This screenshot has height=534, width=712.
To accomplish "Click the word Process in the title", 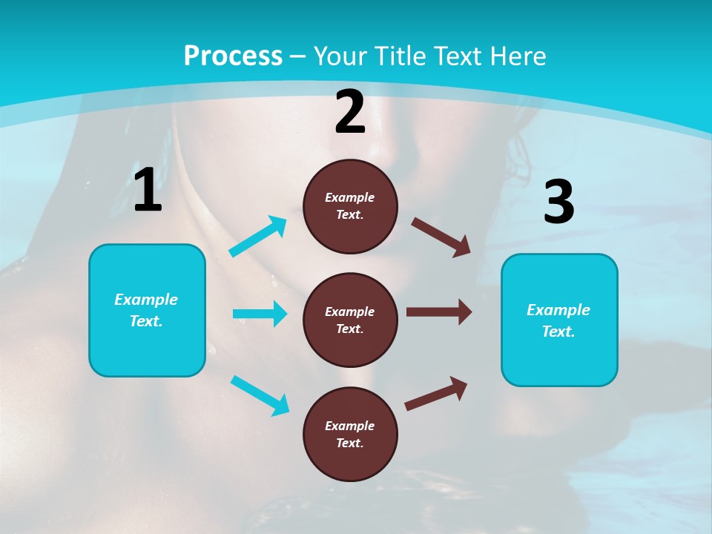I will pyautogui.click(x=233, y=56).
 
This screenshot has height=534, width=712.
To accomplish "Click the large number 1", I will pyautogui.click(x=148, y=191).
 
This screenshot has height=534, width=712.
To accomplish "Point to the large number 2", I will pyautogui.click(x=350, y=112).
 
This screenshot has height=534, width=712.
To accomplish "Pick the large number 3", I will pyautogui.click(x=558, y=202).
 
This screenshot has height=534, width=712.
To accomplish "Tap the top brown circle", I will pyautogui.click(x=350, y=206).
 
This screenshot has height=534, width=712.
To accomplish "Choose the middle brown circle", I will pyautogui.click(x=350, y=320).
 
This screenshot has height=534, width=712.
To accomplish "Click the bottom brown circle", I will pyautogui.click(x=350, y=434).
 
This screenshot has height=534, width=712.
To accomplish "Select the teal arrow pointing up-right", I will pyautogui.click(x=258, y=237).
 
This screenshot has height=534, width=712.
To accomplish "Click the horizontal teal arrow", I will pyautogui.click(x=260, y=314).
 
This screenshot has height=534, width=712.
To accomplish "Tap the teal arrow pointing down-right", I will pyautogui.click(x=260, y=395).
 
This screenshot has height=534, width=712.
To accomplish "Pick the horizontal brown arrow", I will pyautogui.click(x=439, y=311).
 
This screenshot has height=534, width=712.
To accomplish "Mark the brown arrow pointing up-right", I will pyautogui.click(x=436, y=393).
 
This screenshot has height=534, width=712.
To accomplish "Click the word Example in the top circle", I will pyautogui.click(x=350, y=197).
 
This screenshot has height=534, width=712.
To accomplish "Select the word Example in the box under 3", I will pyautogui.click(x=558, y=310).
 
